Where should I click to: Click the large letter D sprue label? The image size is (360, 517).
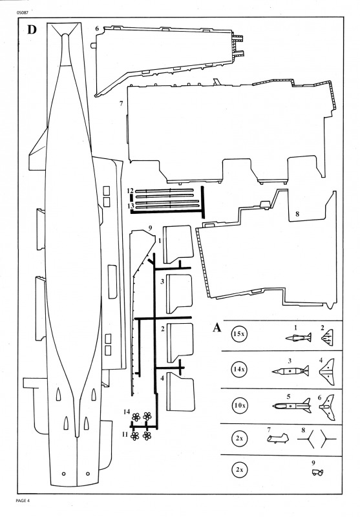click(x=32, y=30)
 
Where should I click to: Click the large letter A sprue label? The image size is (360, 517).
click(x=217, y=328)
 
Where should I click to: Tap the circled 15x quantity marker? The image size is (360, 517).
click(x=239, y=333)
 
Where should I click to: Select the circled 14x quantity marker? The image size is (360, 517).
click(x=239, y=369)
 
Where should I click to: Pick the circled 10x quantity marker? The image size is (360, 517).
click(x=239, y=405)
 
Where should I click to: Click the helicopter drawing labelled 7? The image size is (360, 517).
click(x=277, y=439)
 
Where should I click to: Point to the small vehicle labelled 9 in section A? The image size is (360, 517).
click(x=318, y=472)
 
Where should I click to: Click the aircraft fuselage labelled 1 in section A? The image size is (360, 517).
click(x=299, y=337)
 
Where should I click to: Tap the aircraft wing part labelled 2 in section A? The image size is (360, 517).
click(x=328, y=337)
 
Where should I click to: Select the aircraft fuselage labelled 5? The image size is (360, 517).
click(x=292, y=406)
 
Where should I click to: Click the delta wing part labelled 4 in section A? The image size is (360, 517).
click(x=326, y=372)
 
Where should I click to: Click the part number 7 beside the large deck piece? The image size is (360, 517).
click(x=122, y=103)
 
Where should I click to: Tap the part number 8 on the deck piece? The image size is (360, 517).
click(x=297, y=214)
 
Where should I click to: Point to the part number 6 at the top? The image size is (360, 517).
click(x=97, y=28)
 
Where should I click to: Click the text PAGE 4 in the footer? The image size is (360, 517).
click(x=23, y=500)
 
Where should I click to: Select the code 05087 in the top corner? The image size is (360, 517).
click(x=21, y=13)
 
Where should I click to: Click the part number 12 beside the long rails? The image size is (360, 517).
click(x=130, y=191)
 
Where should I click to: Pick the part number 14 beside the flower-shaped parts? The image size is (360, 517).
click(x=127, y=412)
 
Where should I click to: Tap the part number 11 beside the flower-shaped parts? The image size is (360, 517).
click(x=125, y=434)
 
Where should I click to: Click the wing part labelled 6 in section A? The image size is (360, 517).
click(x=326, y=408)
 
